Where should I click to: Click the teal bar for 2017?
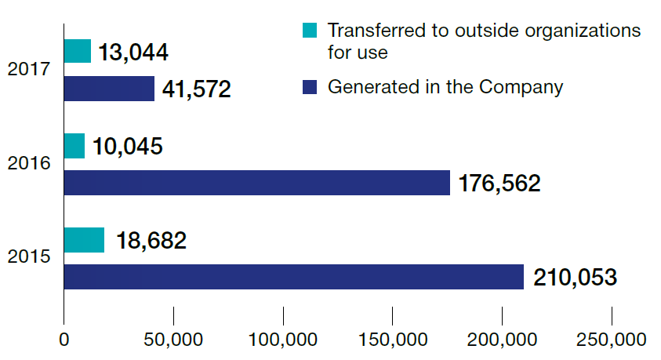[78, 52]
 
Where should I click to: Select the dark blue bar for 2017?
[109, 89]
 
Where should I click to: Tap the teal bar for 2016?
[74, 146]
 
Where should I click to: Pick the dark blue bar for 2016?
[256, 183]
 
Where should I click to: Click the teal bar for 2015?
[84, 240]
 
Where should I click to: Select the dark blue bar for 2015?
[293, 277]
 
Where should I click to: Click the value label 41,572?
[196, 89]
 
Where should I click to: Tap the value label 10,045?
[127, 147]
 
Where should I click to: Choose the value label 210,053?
[575, 278]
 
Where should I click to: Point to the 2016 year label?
[29, 163]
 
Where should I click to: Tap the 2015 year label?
[29, 257]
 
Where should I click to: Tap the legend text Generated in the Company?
[445, 87]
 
